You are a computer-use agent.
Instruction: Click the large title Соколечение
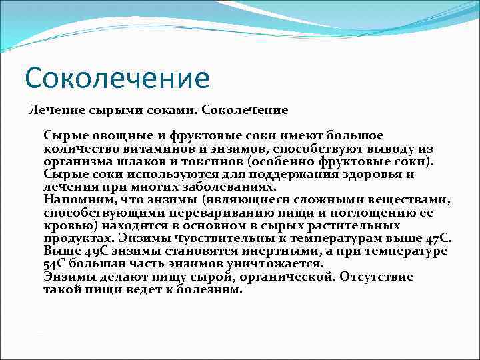pyautogui.click(x=117, y=77)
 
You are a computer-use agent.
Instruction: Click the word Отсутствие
pyautogui.click(x=376, y=277)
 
